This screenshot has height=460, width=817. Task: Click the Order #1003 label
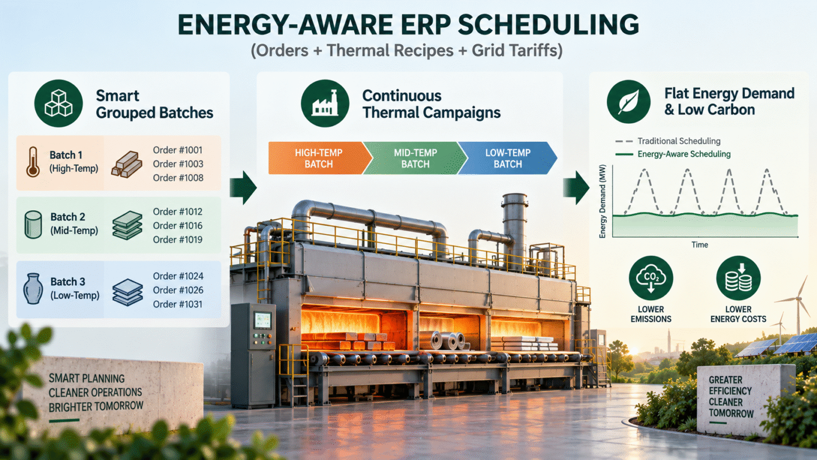click(x=178, y=164)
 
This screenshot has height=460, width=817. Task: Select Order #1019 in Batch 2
click(x=177, y=240)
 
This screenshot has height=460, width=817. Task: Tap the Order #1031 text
click(x=177, y=304)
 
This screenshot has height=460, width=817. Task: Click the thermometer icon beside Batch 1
click(x=33, y=162)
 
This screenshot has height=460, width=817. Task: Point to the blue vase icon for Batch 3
click(x=33, y=288)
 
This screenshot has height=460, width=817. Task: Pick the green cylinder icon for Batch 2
click(x=33, y=225)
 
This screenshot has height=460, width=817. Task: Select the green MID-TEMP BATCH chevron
click(x=416, y=158)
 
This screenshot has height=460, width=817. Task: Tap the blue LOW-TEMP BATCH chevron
click(x=508, y=158)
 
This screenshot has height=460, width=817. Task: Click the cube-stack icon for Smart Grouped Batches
click(x=58, y=103)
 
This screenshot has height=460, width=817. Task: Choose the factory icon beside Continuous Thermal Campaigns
click(x=325, y=103)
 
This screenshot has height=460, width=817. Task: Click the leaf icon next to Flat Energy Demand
click(x=629, y=102)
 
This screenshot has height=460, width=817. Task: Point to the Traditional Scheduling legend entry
click(x=668, y=141)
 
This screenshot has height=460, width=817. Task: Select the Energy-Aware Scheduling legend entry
click(x=673, y=154)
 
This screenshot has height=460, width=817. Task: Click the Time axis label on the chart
click(x=700, y=245)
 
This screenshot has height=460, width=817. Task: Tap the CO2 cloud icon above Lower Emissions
click(x=651, y=278)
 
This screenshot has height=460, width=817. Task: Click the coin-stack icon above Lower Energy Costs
click(x=738, y=278)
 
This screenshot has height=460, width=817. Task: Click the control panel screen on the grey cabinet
click(x=263, y=321)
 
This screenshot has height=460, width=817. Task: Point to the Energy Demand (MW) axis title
click(x=602, y=201)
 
